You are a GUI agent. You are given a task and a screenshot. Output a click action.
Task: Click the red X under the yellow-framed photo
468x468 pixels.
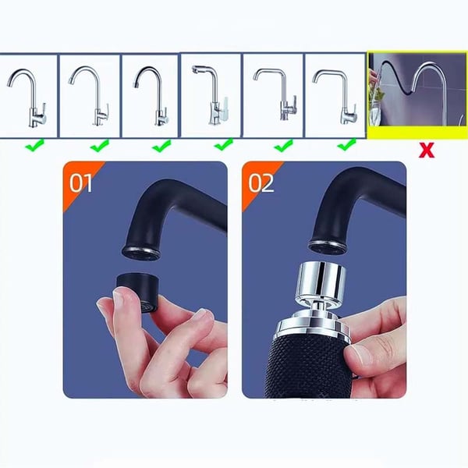(426, 150)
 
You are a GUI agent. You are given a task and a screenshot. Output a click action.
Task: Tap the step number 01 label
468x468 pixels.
(80, 183)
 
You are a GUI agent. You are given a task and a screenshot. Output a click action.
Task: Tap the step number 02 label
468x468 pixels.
(261, 183)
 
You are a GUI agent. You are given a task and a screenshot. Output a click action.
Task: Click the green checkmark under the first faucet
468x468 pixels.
(35, 145)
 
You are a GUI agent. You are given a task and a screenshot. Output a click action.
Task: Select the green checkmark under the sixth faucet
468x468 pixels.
(346, 145)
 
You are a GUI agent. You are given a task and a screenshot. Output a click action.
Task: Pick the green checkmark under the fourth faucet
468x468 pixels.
(224, 145)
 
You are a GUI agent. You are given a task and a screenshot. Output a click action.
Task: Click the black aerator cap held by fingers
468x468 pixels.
(137, 292)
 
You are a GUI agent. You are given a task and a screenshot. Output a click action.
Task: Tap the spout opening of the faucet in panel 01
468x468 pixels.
(141, 253)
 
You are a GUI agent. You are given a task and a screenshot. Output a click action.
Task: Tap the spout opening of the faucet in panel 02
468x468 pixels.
(327, 246)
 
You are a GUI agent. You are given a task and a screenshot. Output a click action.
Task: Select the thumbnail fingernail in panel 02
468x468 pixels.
(360, 356)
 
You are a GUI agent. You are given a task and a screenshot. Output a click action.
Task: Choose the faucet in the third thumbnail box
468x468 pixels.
(151, 95)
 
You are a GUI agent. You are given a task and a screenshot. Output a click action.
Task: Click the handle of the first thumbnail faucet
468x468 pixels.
(42, 109)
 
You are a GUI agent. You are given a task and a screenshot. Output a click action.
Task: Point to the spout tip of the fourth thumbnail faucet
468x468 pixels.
(195, 69)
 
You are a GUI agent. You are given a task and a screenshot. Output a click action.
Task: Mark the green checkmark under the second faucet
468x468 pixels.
(99, 145)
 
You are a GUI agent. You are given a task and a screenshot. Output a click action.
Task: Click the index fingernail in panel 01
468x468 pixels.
(119, 300)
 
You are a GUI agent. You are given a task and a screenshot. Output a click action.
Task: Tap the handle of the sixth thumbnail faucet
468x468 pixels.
(353, 109)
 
